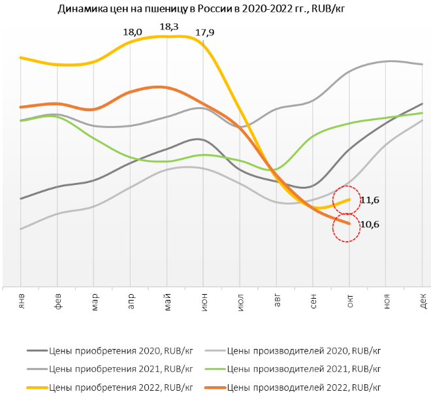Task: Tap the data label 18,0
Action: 133,31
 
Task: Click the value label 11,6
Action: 370,201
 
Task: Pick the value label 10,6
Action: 370,224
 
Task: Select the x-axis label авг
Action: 278,301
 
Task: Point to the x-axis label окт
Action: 350,301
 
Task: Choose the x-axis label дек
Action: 423,301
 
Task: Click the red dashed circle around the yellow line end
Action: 346,201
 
